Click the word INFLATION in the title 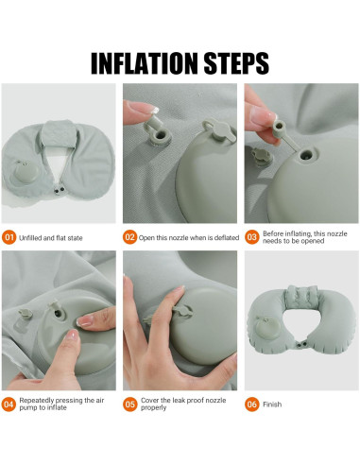click(145, 63)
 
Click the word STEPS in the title click(236, 63)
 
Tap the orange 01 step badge click(9, 237)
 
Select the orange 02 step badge click(129, 237)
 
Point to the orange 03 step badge click(251, 237)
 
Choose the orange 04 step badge click(9, 405)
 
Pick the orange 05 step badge click(129, 405)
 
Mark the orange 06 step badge click(251, 405)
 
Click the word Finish click(272, 405)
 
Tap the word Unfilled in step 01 click(30, 238)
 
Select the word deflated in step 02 click(227, 238)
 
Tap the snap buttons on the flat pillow click(59, 190)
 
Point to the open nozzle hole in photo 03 click(305, 155)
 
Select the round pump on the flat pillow click(26, 173)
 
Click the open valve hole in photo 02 click(161, 136)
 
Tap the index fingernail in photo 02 click(153, 111)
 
